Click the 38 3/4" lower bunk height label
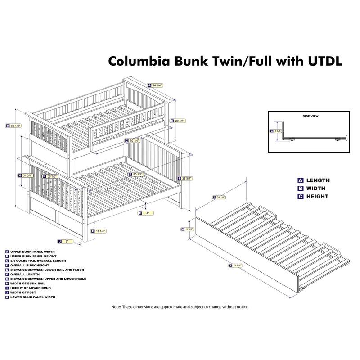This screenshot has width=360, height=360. click(185, 178)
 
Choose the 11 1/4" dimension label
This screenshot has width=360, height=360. click(100, 231)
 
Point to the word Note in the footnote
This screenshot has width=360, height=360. click(117, 307)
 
